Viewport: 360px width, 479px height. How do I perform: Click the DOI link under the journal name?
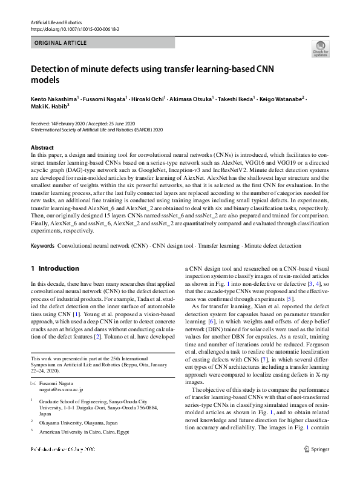(72, 29)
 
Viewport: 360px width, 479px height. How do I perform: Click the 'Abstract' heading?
(42, 148)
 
